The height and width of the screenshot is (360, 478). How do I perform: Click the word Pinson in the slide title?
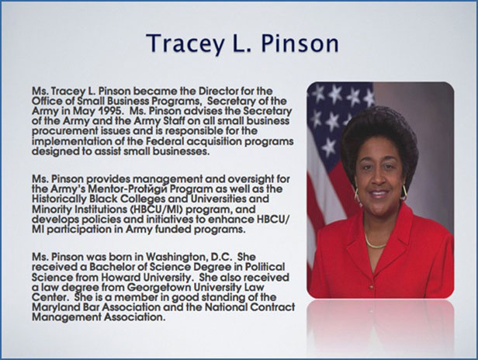(300, 43)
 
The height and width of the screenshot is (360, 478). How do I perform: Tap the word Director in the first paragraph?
(219, 91)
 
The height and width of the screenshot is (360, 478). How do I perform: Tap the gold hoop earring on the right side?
(405, 192)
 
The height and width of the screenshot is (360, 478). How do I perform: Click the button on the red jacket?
(371, 287)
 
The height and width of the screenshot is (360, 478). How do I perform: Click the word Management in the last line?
(67, 317)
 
